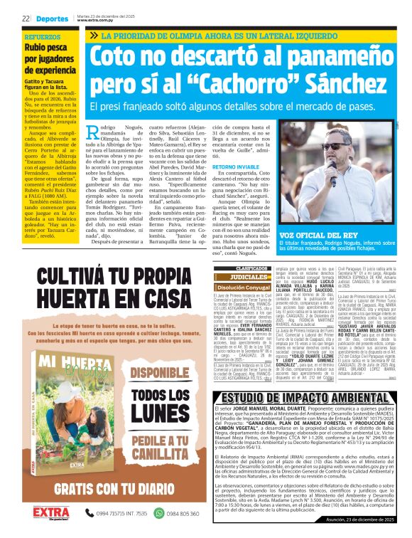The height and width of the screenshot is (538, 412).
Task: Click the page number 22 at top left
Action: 25,19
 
